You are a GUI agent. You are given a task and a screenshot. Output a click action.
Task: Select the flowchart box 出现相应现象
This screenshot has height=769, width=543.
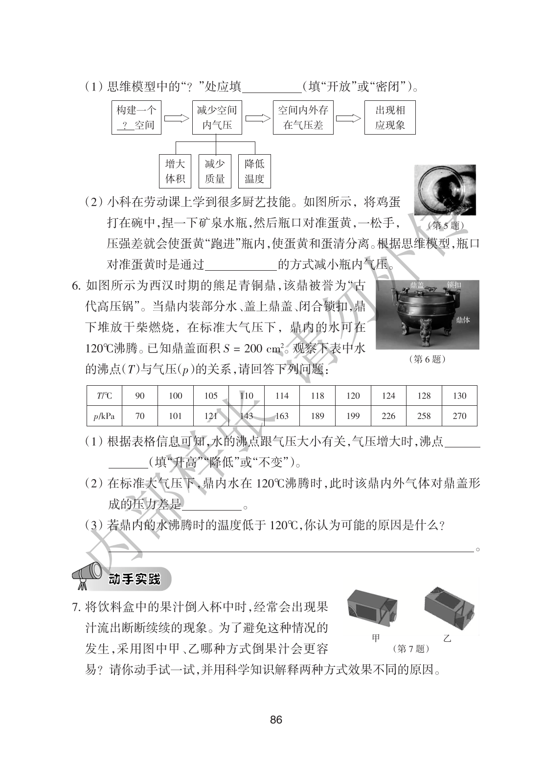coord(390,117)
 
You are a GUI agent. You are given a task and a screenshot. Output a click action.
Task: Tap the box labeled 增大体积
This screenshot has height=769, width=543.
coord(175,171)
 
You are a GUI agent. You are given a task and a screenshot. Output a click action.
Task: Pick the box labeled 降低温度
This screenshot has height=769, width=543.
coord(254,171)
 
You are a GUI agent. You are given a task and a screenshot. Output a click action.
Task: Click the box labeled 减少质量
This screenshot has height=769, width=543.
coord(215,171)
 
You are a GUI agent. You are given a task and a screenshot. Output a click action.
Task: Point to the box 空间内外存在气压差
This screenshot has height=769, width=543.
coord(303,117)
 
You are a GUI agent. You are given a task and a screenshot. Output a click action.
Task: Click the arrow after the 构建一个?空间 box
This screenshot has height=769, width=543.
coord(177,118)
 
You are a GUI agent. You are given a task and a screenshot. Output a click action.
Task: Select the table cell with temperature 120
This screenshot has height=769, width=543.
coord(353,396)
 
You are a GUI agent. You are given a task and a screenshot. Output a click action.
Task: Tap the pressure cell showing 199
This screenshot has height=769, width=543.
coord(353,416)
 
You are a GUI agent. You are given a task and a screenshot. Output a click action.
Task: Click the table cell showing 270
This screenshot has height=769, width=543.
coord(459,416)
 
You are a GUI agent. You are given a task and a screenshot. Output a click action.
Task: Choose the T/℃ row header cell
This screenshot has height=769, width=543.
coord(104,396)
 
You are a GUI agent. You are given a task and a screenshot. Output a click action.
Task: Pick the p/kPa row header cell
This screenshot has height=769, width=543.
coord(104,416)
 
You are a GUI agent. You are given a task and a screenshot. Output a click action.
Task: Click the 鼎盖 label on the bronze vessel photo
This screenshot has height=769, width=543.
coord(417,284)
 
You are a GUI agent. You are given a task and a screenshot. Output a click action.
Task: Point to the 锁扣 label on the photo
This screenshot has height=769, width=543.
coord(453,284)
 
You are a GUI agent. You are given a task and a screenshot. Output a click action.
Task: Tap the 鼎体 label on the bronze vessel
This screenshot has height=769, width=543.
coord(462,320)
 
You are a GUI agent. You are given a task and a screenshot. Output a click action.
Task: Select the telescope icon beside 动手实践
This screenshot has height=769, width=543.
coord(86,576)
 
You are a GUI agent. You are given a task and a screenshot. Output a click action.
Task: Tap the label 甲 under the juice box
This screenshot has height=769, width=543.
coord(376,638)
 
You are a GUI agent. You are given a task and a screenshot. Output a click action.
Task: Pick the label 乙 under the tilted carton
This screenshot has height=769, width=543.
coord(446,638)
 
